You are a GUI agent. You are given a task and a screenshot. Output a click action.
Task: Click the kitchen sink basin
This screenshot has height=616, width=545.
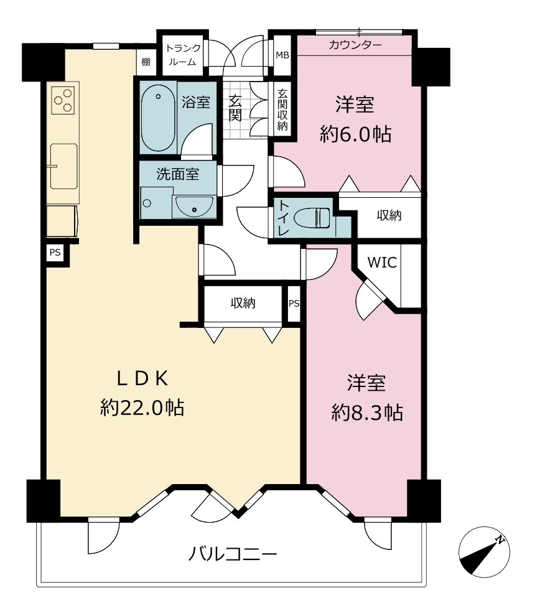[x=63, y=166]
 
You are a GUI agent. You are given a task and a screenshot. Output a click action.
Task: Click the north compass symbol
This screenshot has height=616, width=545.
[x=484, y=552]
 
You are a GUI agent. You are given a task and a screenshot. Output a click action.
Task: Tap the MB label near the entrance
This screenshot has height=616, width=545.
[x=282, y=55]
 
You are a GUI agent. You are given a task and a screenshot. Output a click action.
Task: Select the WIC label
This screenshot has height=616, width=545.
[x=382, y=263]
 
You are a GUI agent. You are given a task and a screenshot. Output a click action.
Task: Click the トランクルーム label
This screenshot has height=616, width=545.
[x=183, y=55]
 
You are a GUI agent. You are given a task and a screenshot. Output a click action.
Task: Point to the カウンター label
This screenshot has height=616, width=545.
[x=355, y=45]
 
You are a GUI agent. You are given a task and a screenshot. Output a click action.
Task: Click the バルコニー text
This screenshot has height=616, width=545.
[x=233, y=554]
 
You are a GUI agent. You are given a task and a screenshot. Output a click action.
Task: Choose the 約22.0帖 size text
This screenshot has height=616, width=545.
[x=142, y=408]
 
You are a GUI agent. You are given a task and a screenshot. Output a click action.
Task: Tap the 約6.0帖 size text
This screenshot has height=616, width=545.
[x=355, y=134]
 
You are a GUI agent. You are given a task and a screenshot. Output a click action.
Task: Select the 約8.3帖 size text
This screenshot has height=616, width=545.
[x=367, y=413]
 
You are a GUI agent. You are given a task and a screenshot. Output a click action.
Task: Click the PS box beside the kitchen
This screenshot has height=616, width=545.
[x=55, y=253]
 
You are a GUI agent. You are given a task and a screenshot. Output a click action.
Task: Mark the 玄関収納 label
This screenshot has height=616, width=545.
[x=282, y=110]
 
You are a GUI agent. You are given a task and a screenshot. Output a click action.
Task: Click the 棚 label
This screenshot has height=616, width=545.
[x=146, y=62]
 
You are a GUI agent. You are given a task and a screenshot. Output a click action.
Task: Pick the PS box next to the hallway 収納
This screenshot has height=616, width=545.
[x=294, y=303]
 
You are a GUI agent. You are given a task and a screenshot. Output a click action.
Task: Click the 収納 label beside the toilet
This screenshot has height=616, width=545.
[x=389, y=215]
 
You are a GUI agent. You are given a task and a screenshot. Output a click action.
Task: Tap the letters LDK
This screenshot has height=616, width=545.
[x=142, y=379]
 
